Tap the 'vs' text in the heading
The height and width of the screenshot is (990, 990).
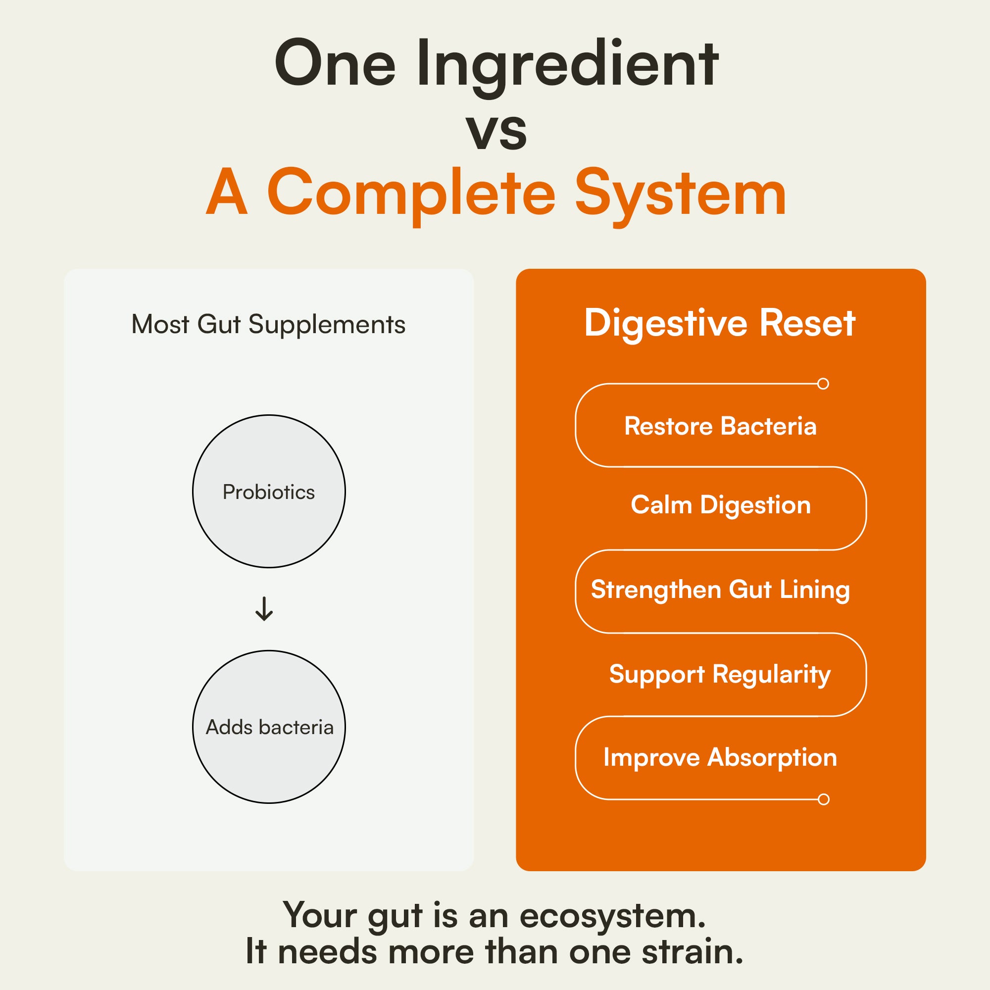496,131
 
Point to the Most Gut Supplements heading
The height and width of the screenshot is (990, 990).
268,325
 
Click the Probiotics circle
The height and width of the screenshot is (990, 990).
268,492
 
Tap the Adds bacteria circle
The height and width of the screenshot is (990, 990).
268,727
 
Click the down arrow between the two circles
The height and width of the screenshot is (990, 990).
264,609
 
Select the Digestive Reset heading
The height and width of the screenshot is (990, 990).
720,323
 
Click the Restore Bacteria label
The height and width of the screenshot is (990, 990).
720,426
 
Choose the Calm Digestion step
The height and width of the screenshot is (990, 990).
720,505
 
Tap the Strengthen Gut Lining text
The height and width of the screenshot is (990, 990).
720,589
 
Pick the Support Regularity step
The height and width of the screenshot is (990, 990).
720,674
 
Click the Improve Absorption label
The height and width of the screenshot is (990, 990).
720,757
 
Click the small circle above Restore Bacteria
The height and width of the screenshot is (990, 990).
824,384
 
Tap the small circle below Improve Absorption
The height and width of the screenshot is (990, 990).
824,799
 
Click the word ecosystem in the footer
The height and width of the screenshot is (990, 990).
613,915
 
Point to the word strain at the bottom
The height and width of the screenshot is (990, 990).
692,951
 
